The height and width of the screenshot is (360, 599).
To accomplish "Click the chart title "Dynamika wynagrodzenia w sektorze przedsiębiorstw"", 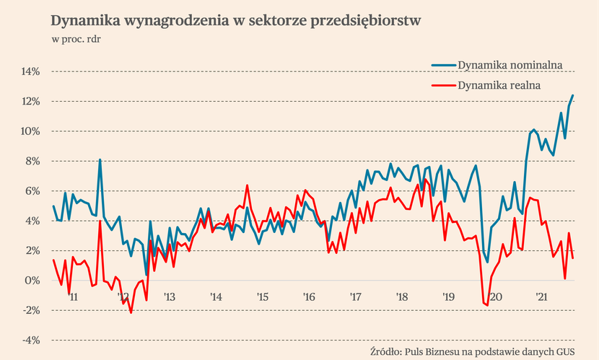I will (236, 20).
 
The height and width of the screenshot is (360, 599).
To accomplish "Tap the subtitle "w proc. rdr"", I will (76, 39).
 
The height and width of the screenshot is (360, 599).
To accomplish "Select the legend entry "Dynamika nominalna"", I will (510, 66).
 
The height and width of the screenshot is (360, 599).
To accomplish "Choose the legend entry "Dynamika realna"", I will (499, 85).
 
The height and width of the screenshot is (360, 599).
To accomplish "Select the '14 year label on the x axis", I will (215, 297).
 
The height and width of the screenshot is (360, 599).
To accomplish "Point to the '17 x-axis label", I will (355, 297).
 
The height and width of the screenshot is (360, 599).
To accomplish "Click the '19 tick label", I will (448, 297).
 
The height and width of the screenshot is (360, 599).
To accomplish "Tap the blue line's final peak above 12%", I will (573, 95).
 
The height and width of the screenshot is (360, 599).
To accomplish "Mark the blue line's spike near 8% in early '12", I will (100, 159).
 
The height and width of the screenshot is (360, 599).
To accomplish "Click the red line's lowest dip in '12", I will (131, 312).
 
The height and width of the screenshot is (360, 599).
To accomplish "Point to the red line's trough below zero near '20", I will (487, 305).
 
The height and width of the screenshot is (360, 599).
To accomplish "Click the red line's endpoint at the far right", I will (573, 258).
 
